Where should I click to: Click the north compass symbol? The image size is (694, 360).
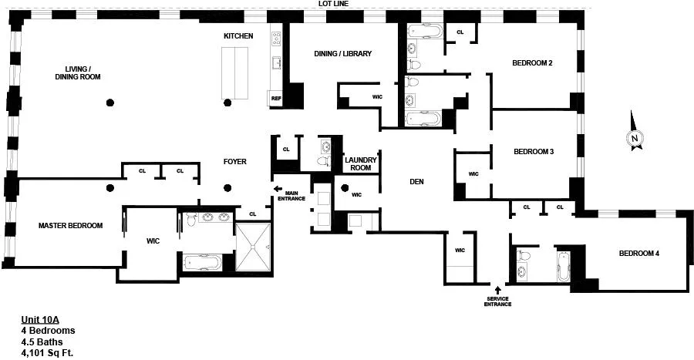(x=634, y=137)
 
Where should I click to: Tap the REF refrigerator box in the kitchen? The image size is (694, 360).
(x=276, y=97)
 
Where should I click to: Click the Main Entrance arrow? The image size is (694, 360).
(x=277, y=187)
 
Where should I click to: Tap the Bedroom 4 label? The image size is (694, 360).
(x=638, y=254)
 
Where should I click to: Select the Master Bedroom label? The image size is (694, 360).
(x=70, y=225)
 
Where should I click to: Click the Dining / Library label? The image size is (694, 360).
(x=343, y=54)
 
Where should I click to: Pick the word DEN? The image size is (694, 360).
(x=416, y=182)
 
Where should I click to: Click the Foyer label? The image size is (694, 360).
(x=234, y=162)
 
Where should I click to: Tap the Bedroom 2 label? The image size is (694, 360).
(x=532, y=63)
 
